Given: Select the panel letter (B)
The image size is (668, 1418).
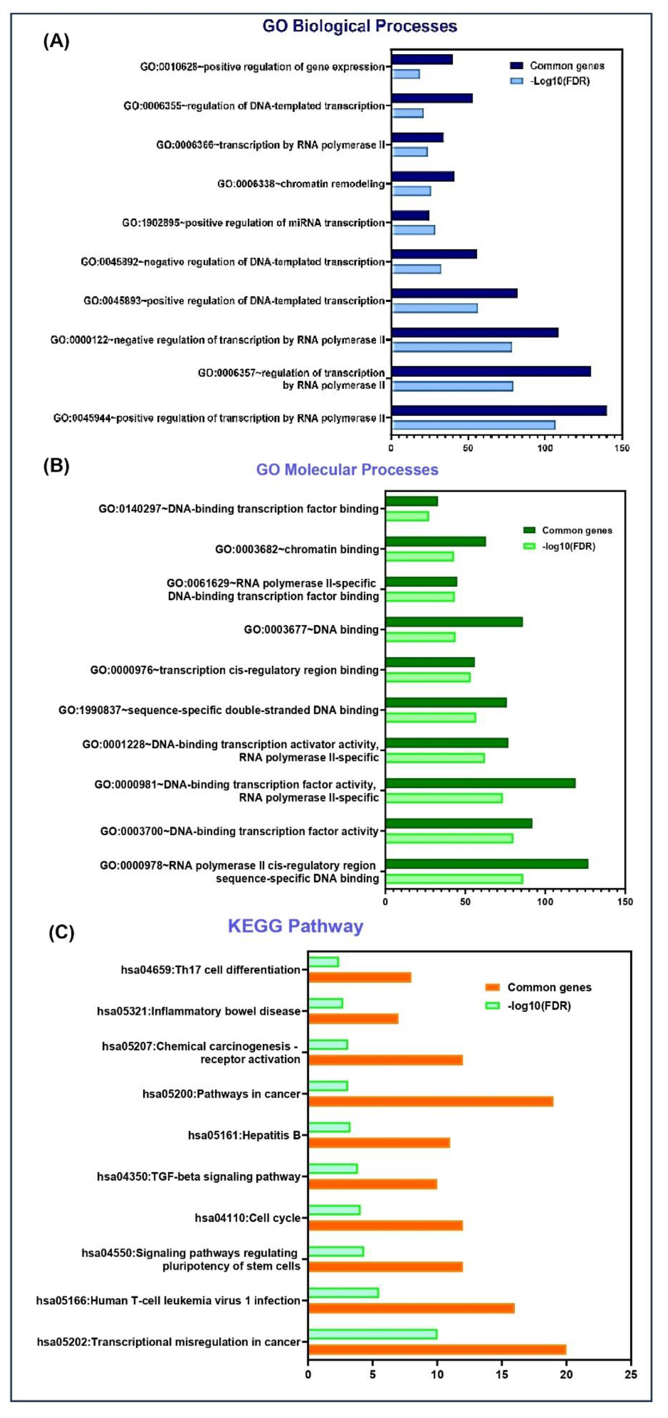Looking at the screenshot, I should click(56, 466).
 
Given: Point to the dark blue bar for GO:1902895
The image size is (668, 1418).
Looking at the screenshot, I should click(410, 216).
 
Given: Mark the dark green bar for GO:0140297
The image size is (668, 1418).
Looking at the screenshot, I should click(411, 501).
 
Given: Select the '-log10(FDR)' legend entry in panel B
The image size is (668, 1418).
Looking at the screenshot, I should click(568, 546).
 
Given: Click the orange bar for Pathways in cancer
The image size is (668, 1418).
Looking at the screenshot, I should click(431, 1101).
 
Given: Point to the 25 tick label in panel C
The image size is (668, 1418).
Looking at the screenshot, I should click(631, 1374).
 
